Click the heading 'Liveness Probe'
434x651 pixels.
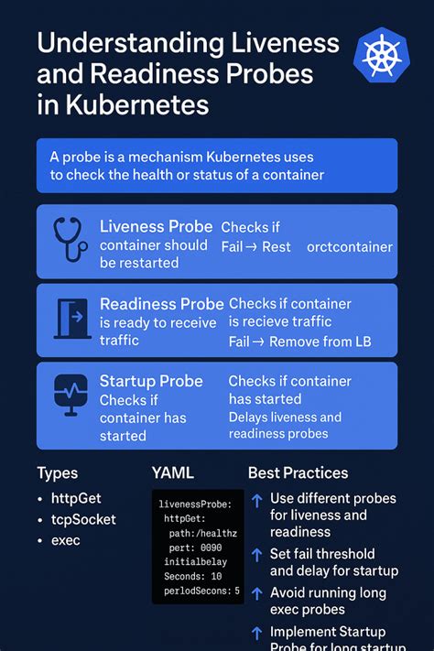point(156,226)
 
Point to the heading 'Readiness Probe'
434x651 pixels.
point(161,304)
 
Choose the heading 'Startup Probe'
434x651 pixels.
point(151,381)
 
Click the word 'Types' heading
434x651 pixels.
point(57,473)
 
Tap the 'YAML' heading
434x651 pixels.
point(173,473)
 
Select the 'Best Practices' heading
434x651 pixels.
point(298,473)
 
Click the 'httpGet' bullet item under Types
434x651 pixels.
point(76,499)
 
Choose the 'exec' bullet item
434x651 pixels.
point(66,540)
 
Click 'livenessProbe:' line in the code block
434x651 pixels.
point(195,505)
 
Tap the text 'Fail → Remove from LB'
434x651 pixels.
point(299,342)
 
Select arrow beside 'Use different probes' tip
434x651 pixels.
point(256,500)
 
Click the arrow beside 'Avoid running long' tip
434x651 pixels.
point(256,593)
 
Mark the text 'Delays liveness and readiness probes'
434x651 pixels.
point(285,425)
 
